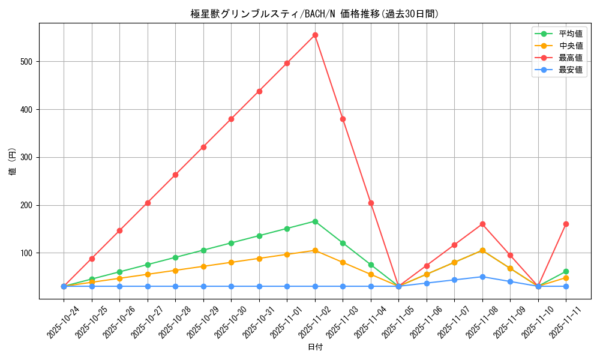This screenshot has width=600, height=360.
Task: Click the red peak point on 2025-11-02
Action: click(x=315, y=35)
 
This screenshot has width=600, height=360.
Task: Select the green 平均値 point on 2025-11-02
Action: click(x=315, y=221)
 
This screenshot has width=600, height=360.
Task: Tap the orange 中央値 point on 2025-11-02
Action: click(x=315, y=250)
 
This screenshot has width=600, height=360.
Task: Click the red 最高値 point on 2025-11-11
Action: click(x=566, y=224)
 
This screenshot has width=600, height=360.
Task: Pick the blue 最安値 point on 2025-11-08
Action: click(x=482, y=277)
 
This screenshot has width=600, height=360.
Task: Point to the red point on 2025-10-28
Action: click(x=175, y=175)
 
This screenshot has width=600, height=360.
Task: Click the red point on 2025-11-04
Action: click(x=371, y=203)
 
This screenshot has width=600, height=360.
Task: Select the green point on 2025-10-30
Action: click(x=231, y=243)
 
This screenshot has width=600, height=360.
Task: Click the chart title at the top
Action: click(x=315, y=14)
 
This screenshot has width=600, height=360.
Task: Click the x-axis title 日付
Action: click(x=315, y=347)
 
